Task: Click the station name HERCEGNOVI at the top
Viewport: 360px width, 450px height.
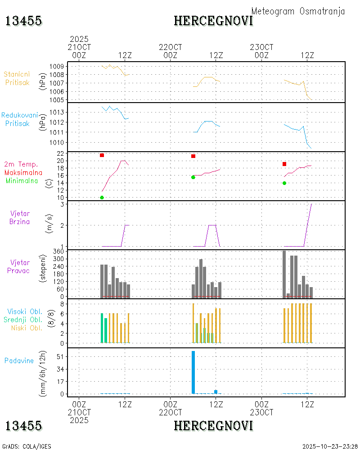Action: (213, 21)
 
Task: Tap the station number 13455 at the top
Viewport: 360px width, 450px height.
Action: (23, 21)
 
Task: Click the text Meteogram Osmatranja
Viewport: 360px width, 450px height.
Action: (298, 11)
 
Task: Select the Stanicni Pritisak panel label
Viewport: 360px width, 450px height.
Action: (17, 78)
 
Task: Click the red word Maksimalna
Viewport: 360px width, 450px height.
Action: (23, 172)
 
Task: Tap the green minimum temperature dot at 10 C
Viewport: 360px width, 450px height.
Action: (102, 198)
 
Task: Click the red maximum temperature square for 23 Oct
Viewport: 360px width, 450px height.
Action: (284, 164)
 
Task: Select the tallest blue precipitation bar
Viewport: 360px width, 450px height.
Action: (193, 372)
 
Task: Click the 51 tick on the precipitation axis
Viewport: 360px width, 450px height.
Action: (59, 357)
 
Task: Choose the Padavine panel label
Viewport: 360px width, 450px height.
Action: (19, 360)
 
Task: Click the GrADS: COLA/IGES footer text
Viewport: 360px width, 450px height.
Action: (27, 446)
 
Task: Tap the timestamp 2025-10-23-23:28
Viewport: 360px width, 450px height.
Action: (330, 446)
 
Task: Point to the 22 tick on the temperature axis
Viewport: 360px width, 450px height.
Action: (59, 153)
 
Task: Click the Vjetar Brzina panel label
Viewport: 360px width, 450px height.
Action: (20, 217)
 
